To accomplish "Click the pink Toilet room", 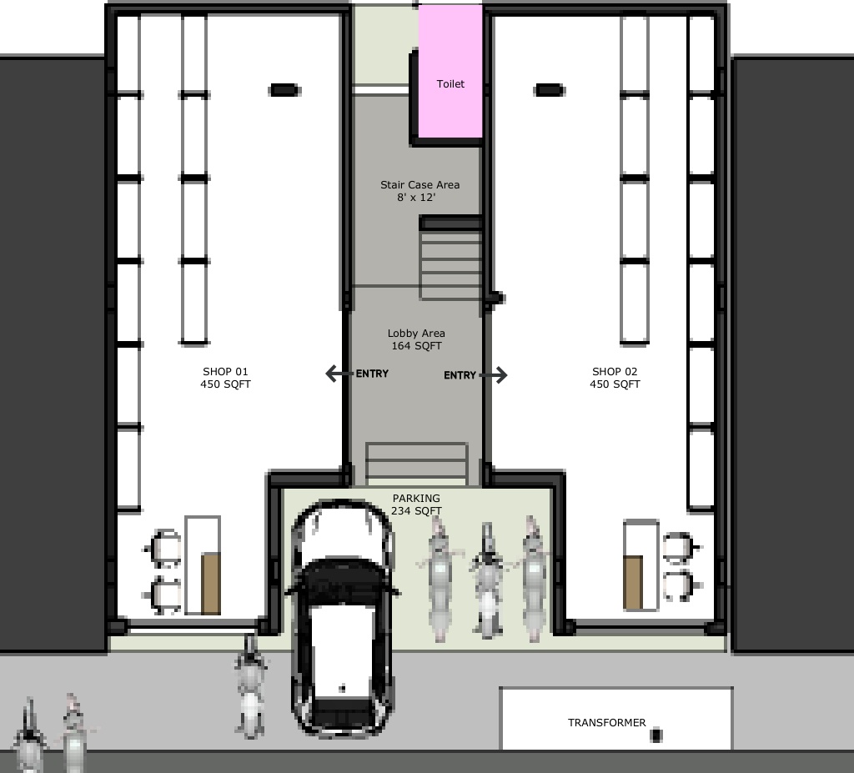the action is point(450,71).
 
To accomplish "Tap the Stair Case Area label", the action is point(420,191).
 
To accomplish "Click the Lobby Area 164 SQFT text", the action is point(416,339).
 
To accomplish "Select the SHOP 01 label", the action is point(225,378).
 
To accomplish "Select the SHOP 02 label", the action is point(615,378).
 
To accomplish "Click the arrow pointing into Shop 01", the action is point(339,374).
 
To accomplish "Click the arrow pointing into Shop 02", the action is point(494,374).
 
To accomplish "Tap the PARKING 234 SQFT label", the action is point(416,504).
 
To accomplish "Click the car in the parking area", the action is point(342,618).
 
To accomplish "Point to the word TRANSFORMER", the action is point(607,722).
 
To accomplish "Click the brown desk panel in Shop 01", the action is point(211,584).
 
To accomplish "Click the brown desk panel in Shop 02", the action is point(633,582).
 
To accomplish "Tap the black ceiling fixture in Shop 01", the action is point(284,90).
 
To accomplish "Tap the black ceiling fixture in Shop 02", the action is point(549,90).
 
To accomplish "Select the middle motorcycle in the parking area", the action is point(488,580).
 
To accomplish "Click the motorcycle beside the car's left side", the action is point(250,687).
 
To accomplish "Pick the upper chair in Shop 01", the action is point(163,549).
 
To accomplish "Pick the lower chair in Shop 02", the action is point(681,586).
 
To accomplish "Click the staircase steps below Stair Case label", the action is point(451,258).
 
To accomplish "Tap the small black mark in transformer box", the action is point(656,735).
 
